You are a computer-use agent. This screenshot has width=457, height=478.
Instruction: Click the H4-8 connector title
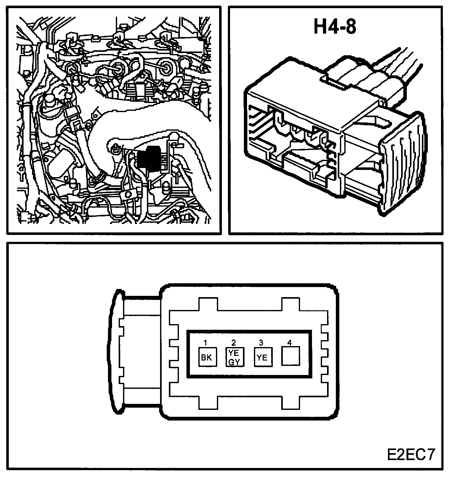click(335, 27)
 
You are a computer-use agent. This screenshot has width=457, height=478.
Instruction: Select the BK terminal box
click(207, 357)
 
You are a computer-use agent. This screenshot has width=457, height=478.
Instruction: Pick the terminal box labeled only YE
click(262, 357)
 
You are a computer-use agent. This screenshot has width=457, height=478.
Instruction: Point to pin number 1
click(205, 342)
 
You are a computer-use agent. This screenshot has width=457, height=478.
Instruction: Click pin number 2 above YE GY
click(234, 342)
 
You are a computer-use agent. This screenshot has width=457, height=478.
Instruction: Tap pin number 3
click(261, 342)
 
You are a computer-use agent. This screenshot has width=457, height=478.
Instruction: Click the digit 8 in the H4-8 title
click(349, 27)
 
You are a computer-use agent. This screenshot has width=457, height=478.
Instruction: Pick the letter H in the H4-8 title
click(320, 27)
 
